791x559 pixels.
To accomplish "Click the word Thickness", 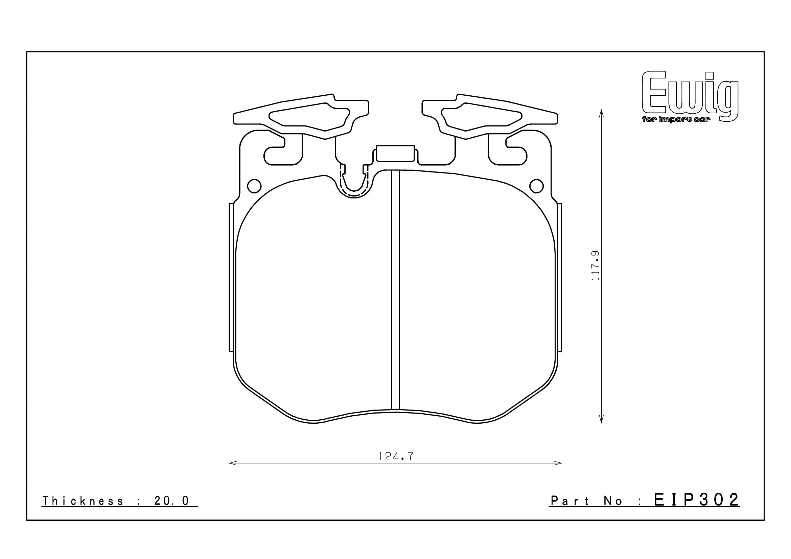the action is point(82,501).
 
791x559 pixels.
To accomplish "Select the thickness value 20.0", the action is point(171,501).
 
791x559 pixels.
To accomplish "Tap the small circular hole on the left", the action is point(254,186).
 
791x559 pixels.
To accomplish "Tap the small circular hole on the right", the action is point(536,186).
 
